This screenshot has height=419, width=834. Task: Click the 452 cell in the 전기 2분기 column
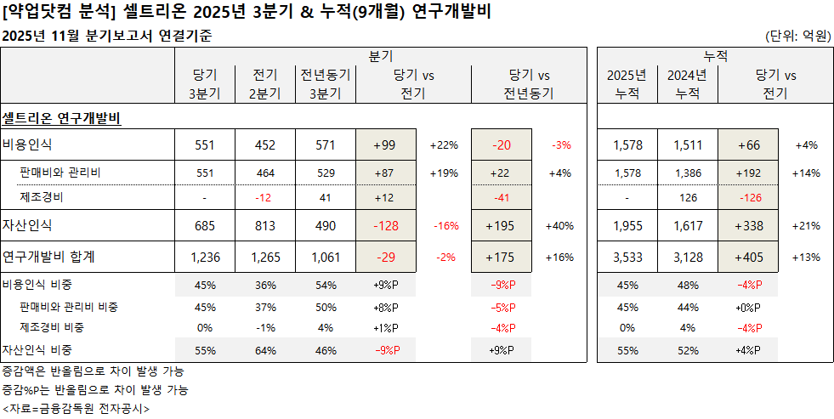[x=265, y=145]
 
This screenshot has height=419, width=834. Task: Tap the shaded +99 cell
[x=386, y=145]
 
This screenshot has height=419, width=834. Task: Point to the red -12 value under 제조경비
[x=265, y=197]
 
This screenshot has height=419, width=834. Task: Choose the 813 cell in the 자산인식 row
[x=265, y=226]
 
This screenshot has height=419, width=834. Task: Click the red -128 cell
[x=386, y=226]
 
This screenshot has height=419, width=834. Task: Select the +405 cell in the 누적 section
[x=748, y=257]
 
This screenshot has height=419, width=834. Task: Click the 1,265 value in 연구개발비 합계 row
[x=265, y=257]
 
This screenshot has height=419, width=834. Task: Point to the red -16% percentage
[x=445, y=226]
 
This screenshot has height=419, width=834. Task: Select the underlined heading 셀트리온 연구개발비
[x=62, y=116]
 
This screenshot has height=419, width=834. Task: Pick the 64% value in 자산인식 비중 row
[x=265, y=349]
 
